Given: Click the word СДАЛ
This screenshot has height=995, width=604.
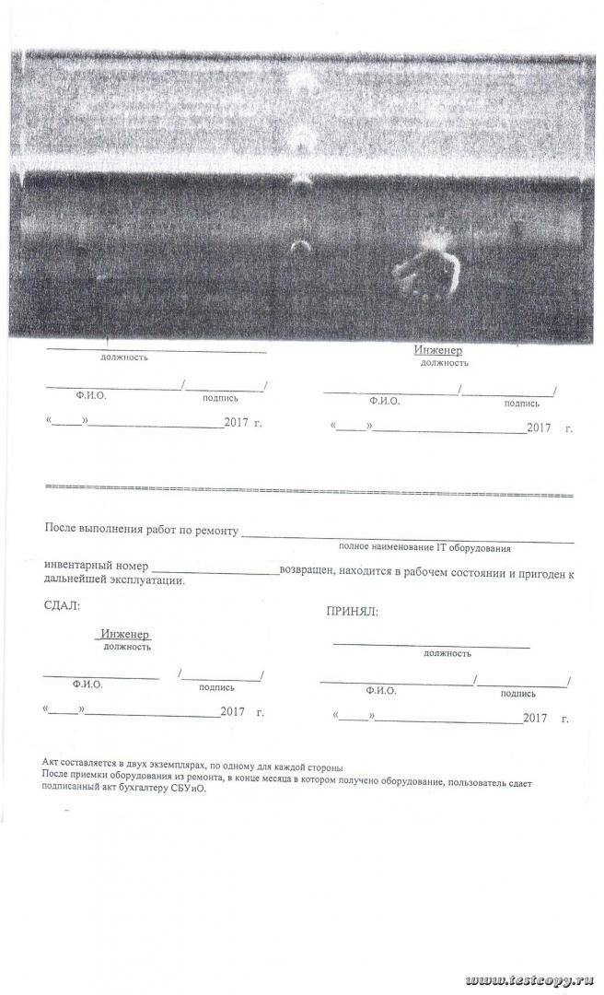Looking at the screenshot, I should tap(62, 605).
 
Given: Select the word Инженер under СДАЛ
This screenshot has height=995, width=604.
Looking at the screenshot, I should tap(126, 635).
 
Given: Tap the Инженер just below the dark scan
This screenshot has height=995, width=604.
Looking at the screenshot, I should tap(437, 351).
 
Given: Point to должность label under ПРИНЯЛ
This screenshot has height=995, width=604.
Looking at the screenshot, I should tap(447, 652).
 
